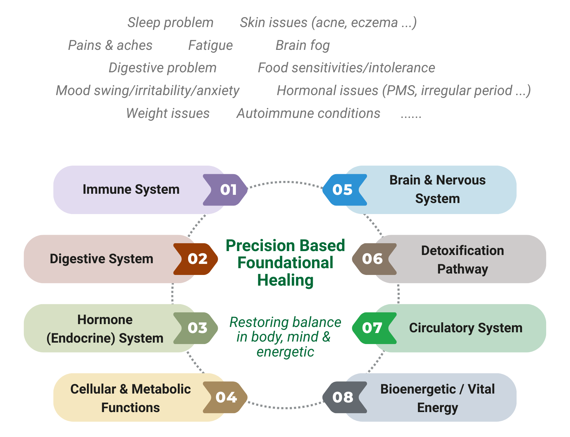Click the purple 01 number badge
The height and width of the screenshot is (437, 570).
click(x=226, y=190)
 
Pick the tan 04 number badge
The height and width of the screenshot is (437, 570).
click(x=226, y=397)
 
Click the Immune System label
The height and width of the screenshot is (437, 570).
click(x=131, y=189)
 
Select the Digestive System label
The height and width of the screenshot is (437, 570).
click(x=102, y=259)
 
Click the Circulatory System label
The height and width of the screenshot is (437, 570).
click(x=466, y=328)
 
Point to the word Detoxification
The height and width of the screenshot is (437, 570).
click(x=462, y=251)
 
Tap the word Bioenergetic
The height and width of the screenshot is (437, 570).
click(x=418, y=389)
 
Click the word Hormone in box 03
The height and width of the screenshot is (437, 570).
click(x=105, y=320)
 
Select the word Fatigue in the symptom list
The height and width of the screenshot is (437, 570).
click(x=210, y=46)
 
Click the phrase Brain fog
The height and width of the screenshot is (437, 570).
click(x=302, y=46)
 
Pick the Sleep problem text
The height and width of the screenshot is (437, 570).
click(x=170, y=23)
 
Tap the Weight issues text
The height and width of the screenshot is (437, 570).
click(x=168, y=114)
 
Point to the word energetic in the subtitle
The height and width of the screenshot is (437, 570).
click(x=285, y=352)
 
